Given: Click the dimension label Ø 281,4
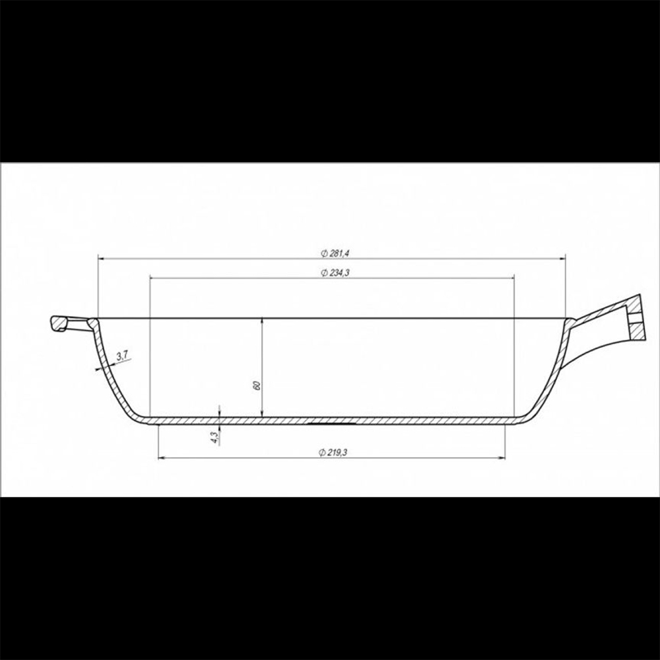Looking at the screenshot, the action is [x=335, y=253].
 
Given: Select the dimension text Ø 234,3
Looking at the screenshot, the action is [x=335, y=273].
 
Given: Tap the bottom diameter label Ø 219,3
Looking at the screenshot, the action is [x=333, y=453].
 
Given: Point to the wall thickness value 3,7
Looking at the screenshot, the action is [x=123, y=356].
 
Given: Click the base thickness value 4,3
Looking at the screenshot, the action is [x=215, y=438].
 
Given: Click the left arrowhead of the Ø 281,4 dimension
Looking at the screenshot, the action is [x=102, y=259].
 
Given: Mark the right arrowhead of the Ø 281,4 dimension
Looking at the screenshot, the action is [x=562, y=259].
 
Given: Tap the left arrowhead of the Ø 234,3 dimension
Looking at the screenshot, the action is [x=154, y=279].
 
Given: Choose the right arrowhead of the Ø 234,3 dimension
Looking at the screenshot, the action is [x=511, y=279].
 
